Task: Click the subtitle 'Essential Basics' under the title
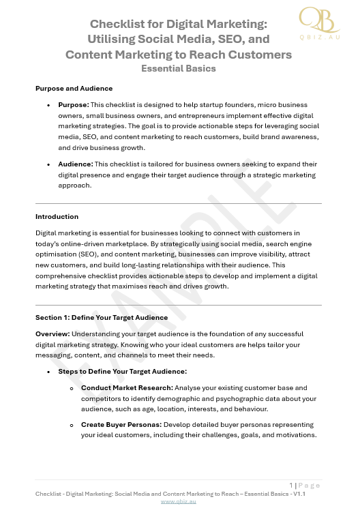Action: tap(178, 68)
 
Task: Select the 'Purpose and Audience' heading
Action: tap(74, 88)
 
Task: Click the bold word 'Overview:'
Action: tap(56, 334)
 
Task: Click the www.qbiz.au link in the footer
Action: tap(178, 501)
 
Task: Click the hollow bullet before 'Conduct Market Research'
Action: tap(72, 387)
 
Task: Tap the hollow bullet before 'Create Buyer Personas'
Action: tap(72, 424)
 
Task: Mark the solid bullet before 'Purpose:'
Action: tap(48, 106)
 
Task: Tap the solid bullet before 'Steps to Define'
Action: tap(48, 372)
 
